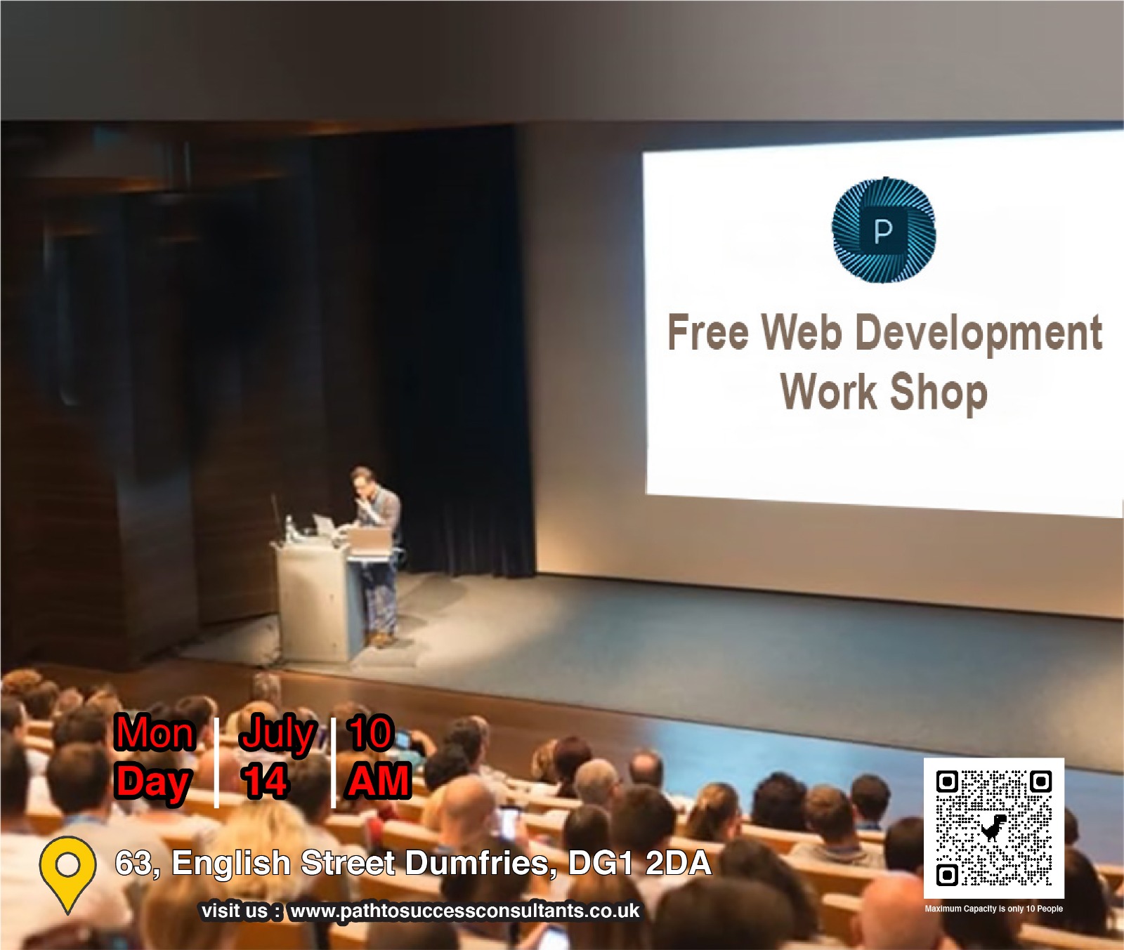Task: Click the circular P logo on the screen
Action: click(x=884, y=230)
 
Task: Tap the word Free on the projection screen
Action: click(x=708, y=332)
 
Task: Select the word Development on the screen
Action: click(x=980, y=334)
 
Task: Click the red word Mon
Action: click(x=155, y=733)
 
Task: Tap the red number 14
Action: click(x=264, y=781)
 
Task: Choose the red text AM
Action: click(x=379, y=781)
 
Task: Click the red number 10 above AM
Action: click(x=370, y=733)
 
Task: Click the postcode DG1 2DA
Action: click(x=639, y=863)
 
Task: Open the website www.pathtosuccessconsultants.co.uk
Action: click(x=464, y=911)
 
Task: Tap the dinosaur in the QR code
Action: click(x=994, y=828)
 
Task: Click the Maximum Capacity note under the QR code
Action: click(x=993, y=909)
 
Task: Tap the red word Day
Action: click(x=153, y=782)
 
